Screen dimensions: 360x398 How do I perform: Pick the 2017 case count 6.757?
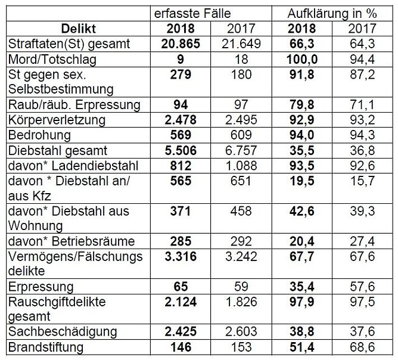(x=237, y=151)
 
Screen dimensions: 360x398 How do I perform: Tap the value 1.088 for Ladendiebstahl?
(x=237, y=166)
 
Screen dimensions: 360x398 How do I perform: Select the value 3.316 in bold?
(x=179, y=257)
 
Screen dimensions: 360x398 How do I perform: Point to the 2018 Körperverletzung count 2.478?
(x=179, y=120)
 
